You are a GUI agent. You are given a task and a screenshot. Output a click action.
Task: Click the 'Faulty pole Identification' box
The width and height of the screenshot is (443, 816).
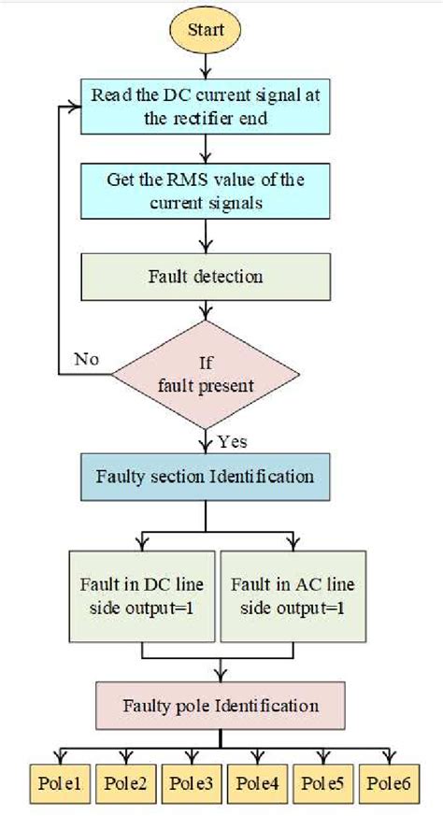pos(219,705)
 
